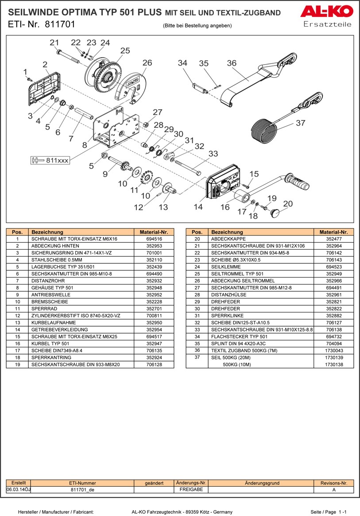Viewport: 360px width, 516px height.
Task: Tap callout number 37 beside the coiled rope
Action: click(300, 123)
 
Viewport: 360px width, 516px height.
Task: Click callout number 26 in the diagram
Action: click(147, 63)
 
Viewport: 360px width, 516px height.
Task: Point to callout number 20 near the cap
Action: click(288, 204)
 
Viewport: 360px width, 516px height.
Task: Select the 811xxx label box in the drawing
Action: click(50, 160)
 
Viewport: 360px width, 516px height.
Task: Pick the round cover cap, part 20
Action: click(276, 214)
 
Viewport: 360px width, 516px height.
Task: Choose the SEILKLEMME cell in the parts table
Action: click(261, 267)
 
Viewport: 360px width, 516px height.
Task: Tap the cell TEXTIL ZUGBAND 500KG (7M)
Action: click(261, 350)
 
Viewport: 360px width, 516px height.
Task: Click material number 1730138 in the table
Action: click(333, 365)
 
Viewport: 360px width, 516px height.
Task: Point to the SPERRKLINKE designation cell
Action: click(261, 316)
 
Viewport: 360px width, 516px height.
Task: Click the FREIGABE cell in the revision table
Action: click(191, 490)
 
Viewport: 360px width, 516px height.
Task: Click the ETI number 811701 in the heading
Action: click(60, 24)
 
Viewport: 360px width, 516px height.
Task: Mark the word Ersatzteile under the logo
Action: click(327, 24)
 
